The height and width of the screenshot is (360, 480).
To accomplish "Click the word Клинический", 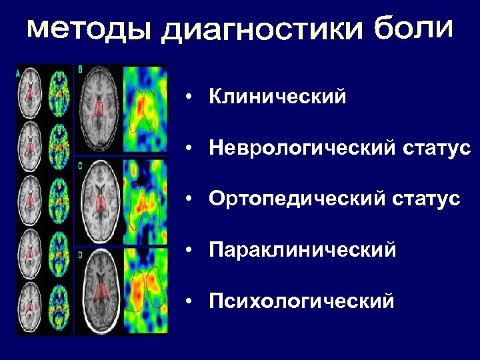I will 277,97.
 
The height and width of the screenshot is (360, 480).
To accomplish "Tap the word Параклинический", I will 302,250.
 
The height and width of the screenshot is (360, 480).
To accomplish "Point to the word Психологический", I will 301,302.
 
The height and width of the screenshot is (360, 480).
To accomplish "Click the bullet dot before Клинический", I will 190,98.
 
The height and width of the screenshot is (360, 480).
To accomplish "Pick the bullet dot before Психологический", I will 190,303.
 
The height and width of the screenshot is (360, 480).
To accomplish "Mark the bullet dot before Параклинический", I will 190,251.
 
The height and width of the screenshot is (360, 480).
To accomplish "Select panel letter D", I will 80,255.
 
